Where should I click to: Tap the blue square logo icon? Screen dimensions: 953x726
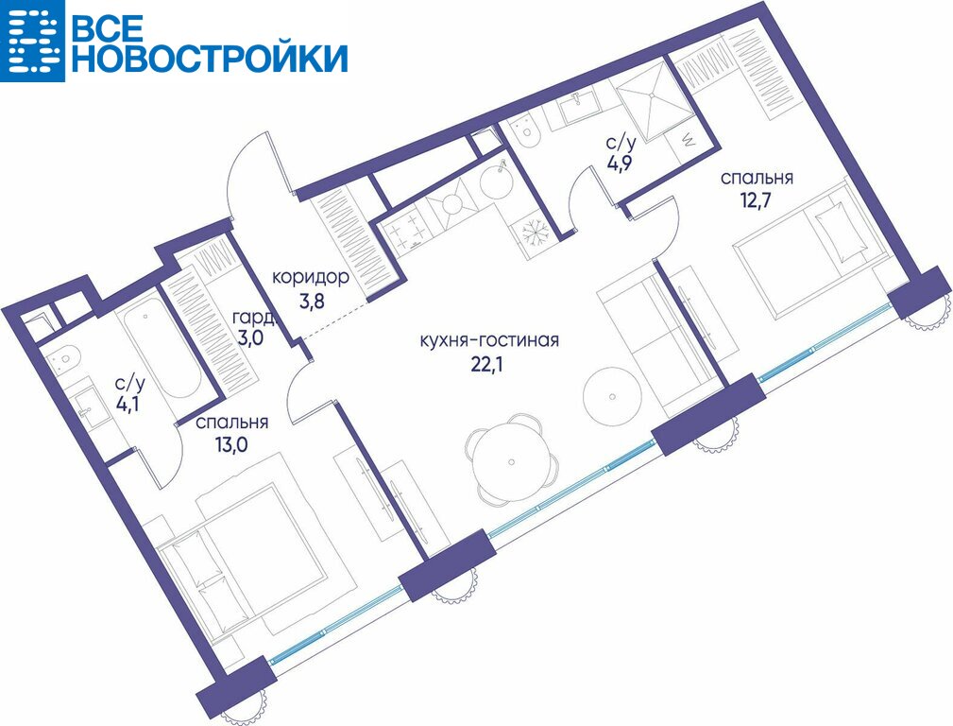32,41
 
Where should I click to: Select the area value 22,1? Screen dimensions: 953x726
486,364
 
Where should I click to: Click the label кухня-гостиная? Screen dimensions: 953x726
489,340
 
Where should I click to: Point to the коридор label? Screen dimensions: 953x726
310,278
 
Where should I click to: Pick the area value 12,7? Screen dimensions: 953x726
755,200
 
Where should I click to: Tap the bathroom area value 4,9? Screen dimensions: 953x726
621,164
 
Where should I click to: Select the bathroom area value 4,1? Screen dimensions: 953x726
129,404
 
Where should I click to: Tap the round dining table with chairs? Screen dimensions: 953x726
512,457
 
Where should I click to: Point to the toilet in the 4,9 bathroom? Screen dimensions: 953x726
524,132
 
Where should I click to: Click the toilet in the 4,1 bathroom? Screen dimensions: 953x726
63,359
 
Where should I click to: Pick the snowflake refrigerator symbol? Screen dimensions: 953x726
536,235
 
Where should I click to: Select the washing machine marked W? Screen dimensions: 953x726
689,141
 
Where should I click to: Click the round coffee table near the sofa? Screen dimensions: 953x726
612,396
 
